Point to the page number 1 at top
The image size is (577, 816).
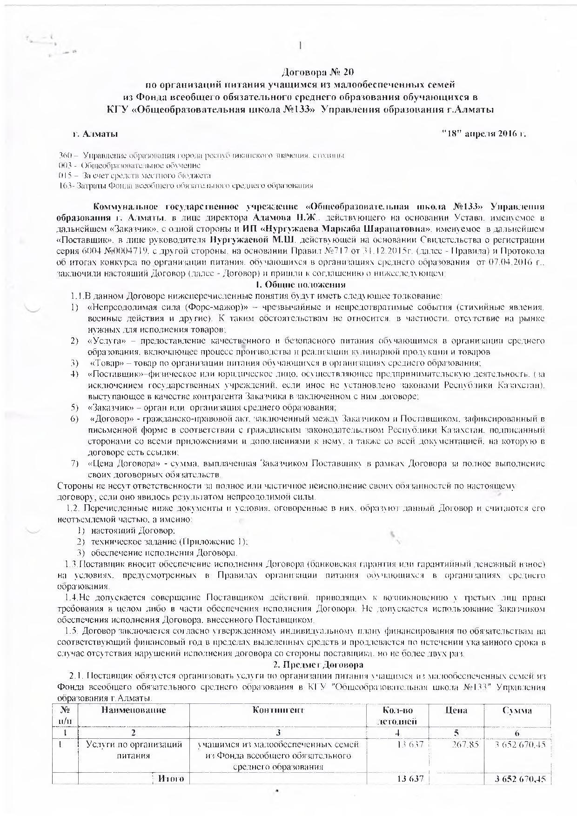301,45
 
